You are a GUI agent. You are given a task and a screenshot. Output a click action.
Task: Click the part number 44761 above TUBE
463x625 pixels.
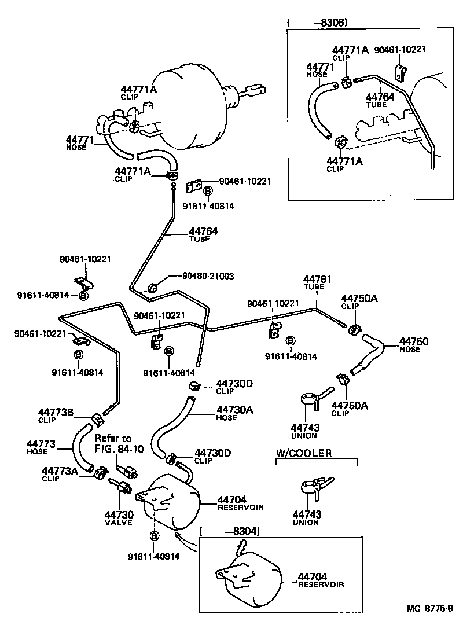coord(318,280)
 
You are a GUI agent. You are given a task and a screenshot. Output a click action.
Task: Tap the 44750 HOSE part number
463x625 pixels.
coord(414,341)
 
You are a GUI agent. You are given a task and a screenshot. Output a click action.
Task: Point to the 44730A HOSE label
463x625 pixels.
coord(235,410)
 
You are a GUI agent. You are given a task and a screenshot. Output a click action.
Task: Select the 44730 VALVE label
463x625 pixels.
coord(119,514)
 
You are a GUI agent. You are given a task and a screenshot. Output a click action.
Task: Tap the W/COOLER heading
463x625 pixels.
coord(304,453)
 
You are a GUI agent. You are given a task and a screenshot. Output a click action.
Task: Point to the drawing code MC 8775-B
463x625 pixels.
coord(431,608)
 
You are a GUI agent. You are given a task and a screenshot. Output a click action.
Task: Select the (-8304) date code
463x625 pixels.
coord(229,531)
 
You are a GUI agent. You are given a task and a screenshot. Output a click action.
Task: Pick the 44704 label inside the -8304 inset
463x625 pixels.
coord(313,577)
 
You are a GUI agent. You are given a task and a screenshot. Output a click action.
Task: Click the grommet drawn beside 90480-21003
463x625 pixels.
coord(154,287)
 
